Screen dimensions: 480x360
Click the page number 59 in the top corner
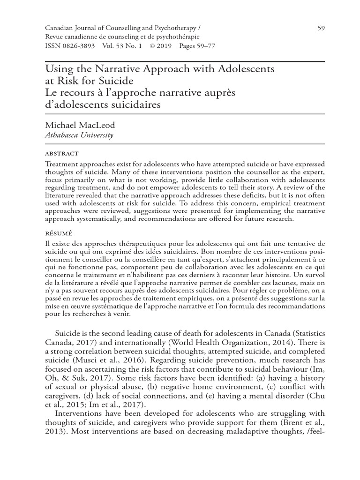point(321,28)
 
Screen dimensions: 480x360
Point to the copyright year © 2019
point(161,47)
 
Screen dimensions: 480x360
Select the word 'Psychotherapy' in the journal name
point(178,28)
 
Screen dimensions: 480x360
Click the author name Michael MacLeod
point(80,126)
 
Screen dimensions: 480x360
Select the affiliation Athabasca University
point(79,135)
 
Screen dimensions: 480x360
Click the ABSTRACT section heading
point(61,153)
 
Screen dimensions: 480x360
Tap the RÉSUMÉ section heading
point(58,232)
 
